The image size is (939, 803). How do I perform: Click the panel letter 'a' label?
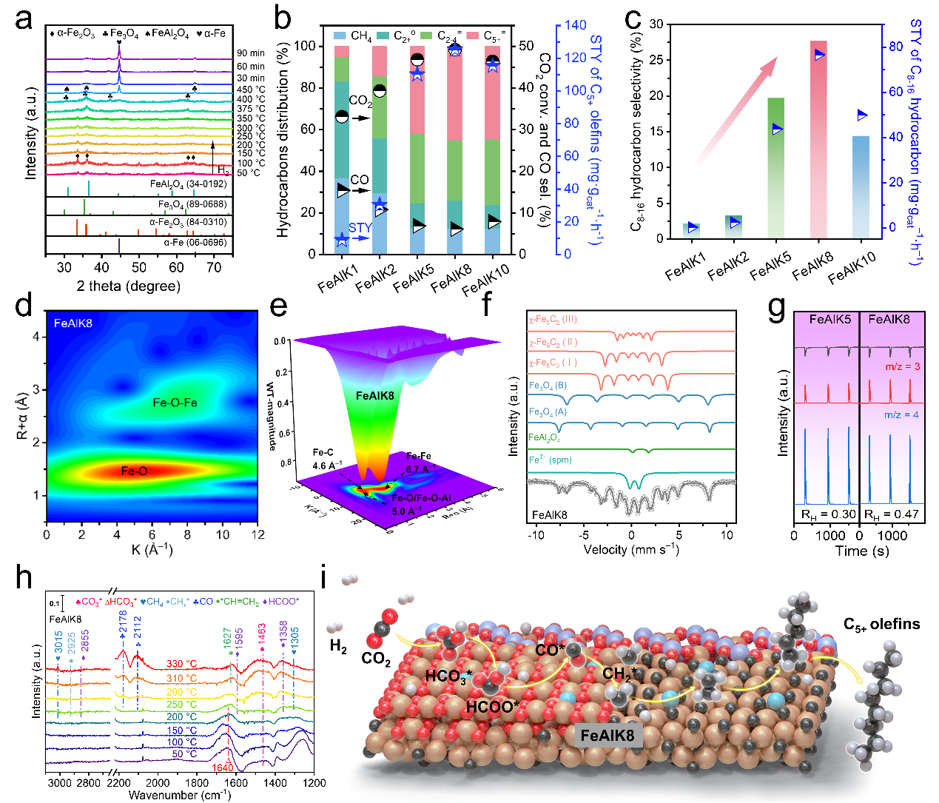pos(24,18)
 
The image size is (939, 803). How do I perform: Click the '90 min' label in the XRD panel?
pos(251,53)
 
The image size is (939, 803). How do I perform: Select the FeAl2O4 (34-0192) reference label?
pos(188,184)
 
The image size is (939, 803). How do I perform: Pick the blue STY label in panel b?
pos(360,228)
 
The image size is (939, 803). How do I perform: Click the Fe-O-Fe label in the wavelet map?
pos(175,403)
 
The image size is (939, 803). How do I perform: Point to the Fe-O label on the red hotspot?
pos(134,471)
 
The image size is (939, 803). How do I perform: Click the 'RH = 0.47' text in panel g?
pos(892,514)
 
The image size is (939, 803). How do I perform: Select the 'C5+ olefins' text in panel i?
pos(881,625)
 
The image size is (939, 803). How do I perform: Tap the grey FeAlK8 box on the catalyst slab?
pos(607,736)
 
